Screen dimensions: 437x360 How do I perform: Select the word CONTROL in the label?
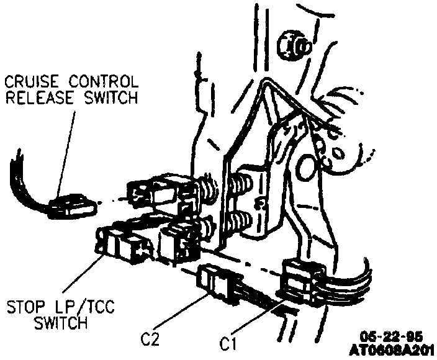pos(102,81)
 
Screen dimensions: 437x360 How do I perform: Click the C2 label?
pos(150,340)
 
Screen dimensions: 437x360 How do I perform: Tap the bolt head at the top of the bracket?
pos(293,43)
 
